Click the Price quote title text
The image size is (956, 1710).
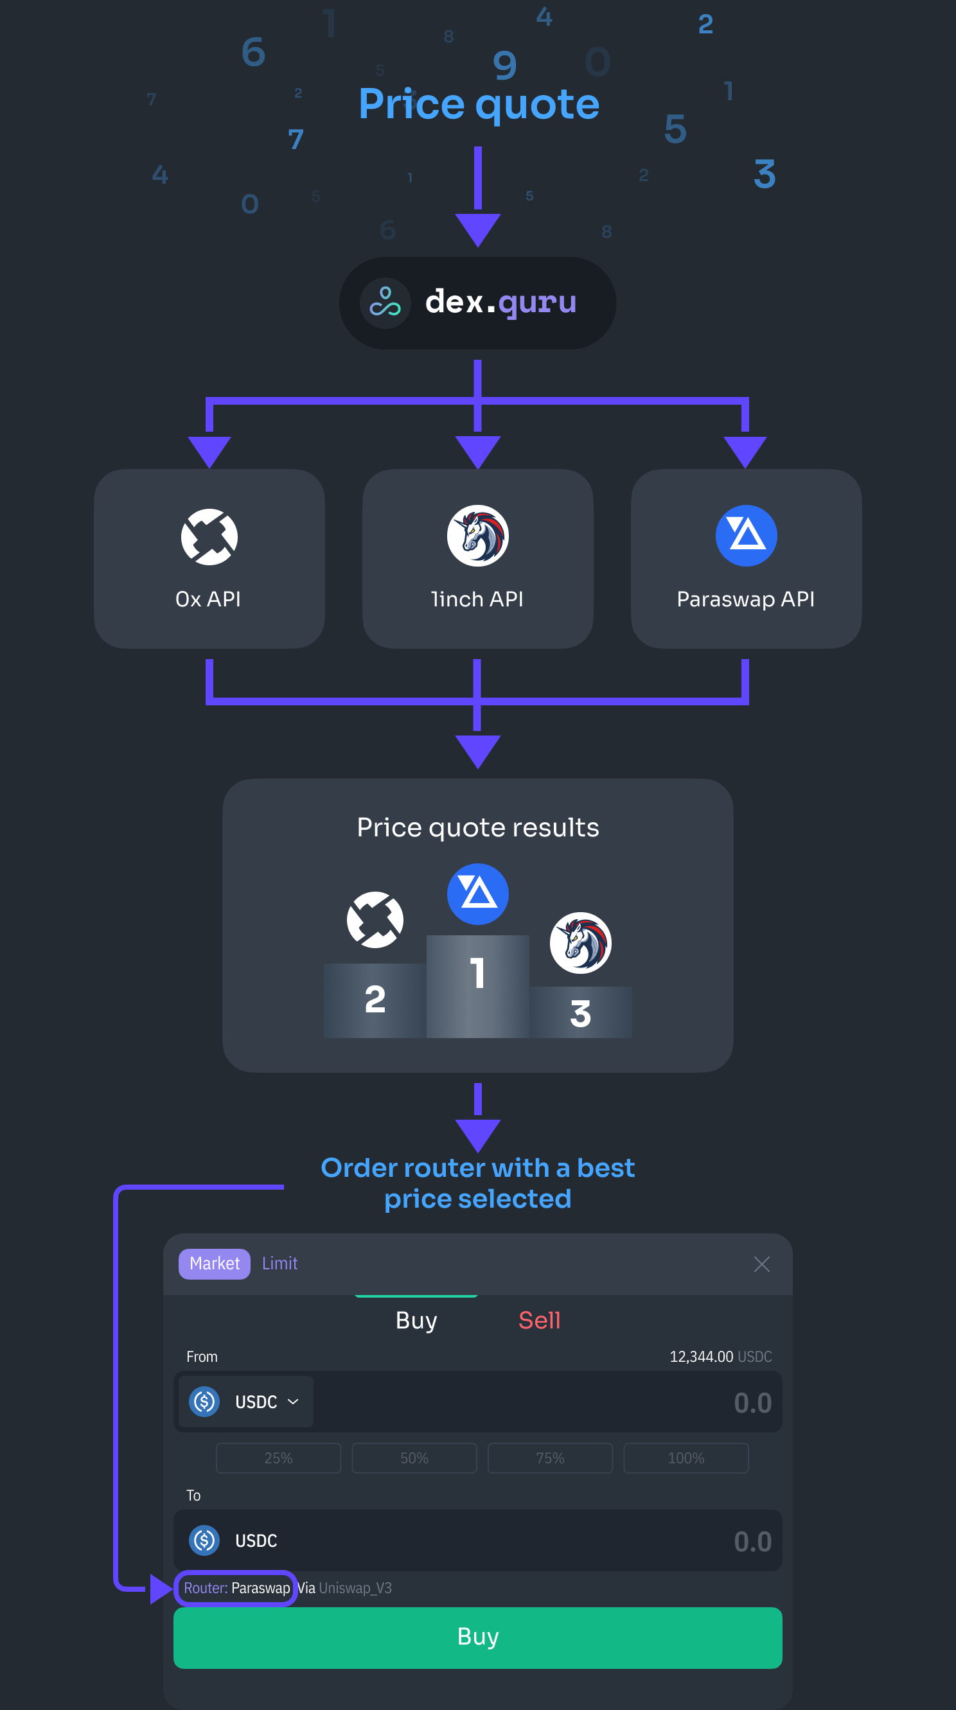coord(479,104)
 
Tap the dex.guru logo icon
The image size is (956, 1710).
coord(385,302)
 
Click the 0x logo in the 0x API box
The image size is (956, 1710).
coord(209,536)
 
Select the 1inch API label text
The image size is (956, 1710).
coord(477,599)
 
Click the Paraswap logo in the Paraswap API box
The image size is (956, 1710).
coord(746,535)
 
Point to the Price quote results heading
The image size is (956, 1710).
coord(478,827)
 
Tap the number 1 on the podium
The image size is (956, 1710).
coord(477,973)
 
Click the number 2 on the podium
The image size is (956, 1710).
coord(375,999)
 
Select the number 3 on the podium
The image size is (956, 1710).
coord(580,1014)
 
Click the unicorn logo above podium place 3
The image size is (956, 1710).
coord(580,942)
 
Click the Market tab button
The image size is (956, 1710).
coord(215,1264)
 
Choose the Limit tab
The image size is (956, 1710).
coord(279,1264)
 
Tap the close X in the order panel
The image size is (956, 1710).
coord(761,1264)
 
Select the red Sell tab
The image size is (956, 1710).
coord(539,1320)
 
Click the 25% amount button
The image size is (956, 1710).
coord(278,1458)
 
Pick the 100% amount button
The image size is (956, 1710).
coord(686,1458)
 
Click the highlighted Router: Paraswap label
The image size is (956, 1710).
coord(236,1588)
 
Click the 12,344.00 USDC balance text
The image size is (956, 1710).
coord(720,1356)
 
